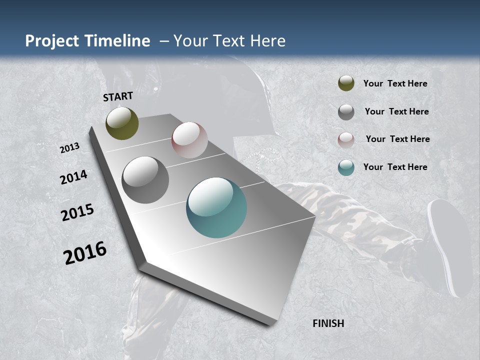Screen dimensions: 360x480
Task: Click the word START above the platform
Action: pos(118,96)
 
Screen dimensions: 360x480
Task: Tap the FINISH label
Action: pos(328,323)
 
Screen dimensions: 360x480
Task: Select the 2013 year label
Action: pos(70,148)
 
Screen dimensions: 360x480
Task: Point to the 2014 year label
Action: pos(74,177)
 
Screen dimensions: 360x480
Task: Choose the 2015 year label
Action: pos(77,212)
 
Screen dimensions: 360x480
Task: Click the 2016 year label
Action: pos(85,253)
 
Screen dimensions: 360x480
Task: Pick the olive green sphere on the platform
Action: pos(122,123)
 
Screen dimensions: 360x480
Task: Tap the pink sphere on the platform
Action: pos(189,140)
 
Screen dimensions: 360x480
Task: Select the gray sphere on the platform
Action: pos(145,180)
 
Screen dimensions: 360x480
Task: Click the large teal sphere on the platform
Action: pos(216,207)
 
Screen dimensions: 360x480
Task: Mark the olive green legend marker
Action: pos(346,83)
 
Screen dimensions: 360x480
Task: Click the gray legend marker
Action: pos(346,112)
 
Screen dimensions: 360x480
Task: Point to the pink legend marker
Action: pos(346,139)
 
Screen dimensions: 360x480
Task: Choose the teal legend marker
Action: pos(346,167)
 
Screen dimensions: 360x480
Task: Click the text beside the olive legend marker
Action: pos(395,83)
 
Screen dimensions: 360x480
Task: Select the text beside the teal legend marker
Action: pos(395,167)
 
